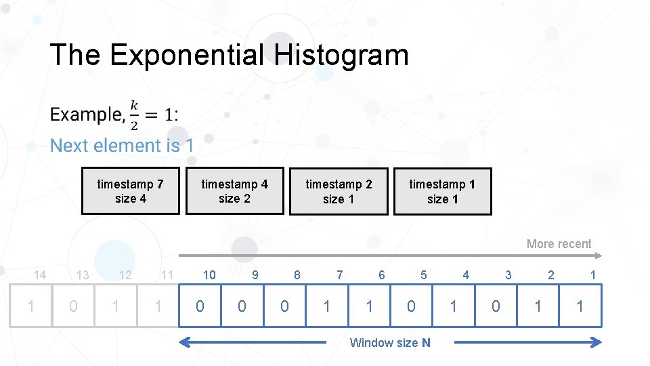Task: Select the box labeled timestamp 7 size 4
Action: pos(131,191)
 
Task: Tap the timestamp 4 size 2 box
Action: pos(235,191)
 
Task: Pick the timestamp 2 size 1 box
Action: pos(339,191)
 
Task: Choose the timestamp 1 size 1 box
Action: pos(443,191)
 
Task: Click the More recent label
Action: pos(559,244)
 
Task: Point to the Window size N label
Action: pos(389,343)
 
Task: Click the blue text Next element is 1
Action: pos(122,146)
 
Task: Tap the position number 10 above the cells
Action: pos(209,275)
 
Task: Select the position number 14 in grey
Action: pos(40,275)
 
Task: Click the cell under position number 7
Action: pos(327,306)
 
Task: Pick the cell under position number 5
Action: pos(411,306)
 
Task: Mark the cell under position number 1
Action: pos(580,306)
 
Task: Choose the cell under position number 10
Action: pos(200,306)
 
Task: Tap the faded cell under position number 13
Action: pos(73,306)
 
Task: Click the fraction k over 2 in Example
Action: pos(134,114)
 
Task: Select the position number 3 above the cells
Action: pos(508,275)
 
